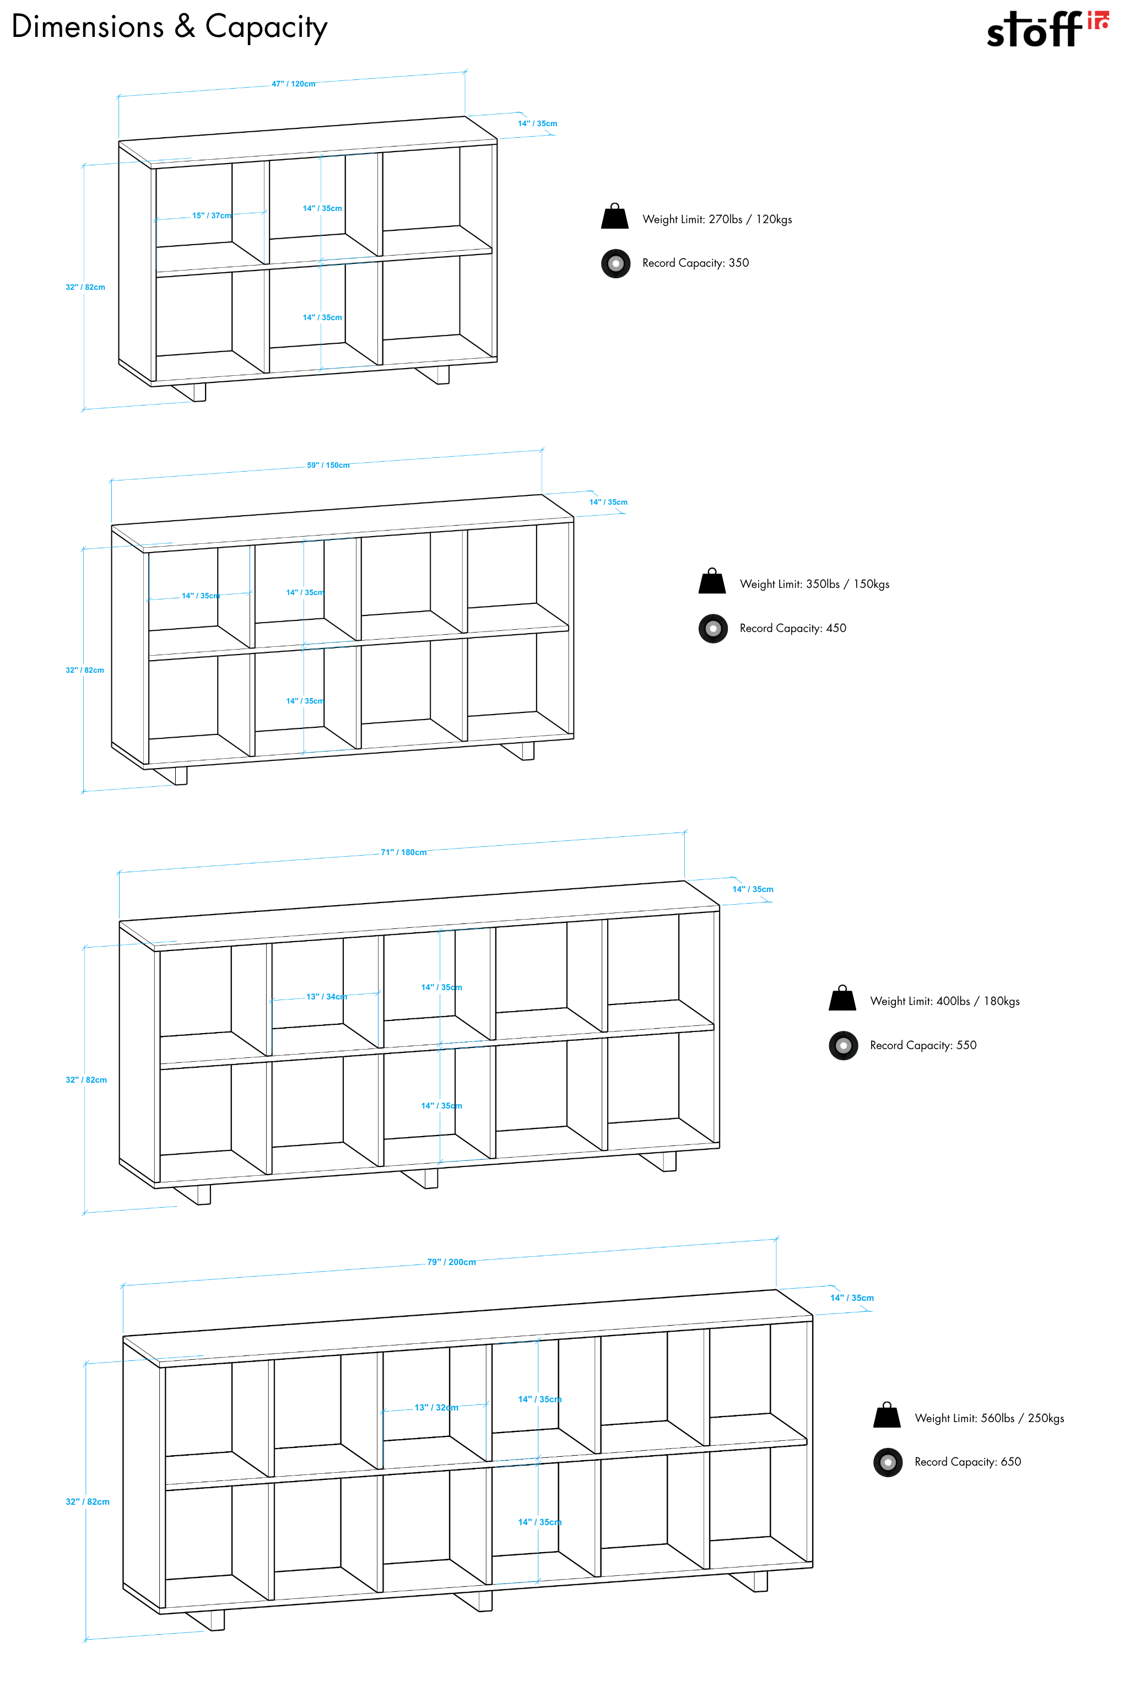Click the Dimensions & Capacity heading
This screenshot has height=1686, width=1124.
pyautogui.click(x=169, y=27)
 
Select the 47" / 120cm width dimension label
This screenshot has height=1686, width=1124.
pyautogui.click(x=293, y=84)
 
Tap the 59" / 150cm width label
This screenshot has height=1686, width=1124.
pyautogui.click(x=328, y=465)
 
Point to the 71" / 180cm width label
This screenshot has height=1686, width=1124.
pyautogui.click(x=403, y=852)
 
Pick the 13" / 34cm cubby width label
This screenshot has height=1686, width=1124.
pyautogui.click(x=326, y=996)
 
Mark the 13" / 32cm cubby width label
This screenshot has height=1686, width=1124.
pyautogui.click(x=436, y=1407)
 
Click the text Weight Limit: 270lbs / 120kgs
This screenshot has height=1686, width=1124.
pyautogui.click(x=717, y=219)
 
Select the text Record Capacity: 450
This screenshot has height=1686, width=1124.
pyautogui.click(x=792, y=628)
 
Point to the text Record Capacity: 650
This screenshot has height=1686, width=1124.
pyautogui.click(x=967, y=1462)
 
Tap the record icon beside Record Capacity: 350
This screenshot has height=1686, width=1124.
pyautogui.click(x=616, y=263)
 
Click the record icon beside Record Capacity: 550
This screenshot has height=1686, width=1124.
pyautogui.click(x=843, y=1045)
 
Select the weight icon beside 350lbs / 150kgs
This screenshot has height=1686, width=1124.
pyautogui.click(x=712, y=581)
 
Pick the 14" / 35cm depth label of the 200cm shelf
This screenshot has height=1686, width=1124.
pyautogui.click(x=852, y=1298)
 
